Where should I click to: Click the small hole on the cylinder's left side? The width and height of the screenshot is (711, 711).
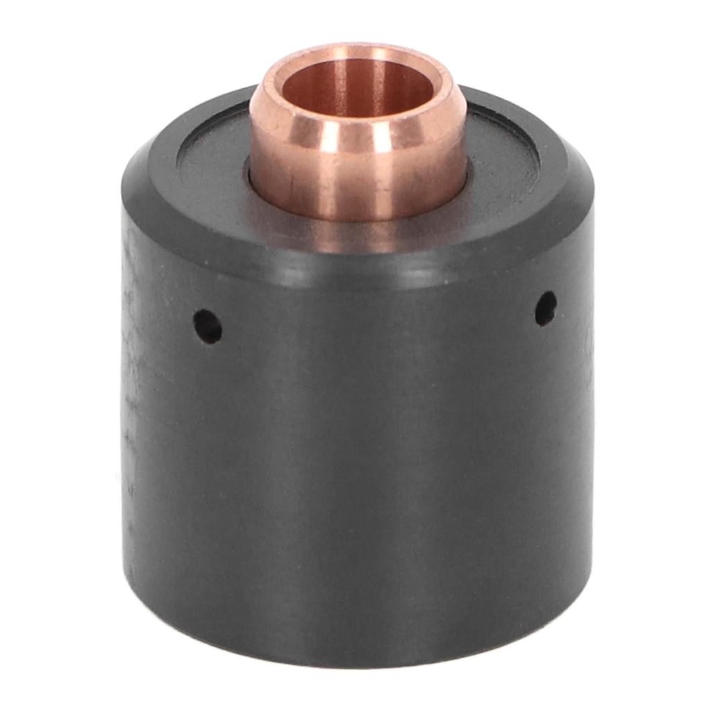click(x=208, y=326)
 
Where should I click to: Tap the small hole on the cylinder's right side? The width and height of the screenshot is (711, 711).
click(x=545, y=308)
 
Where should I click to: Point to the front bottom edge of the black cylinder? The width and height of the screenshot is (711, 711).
click(x=358, y=663)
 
